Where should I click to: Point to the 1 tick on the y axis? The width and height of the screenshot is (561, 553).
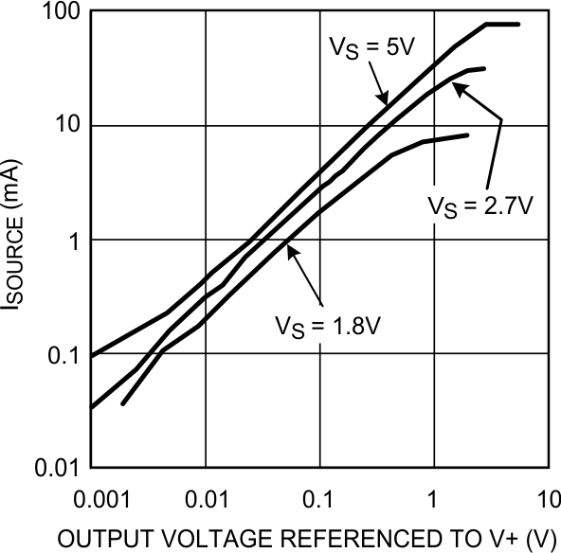coord(75,241)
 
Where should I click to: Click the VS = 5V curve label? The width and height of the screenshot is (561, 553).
coord(368,48)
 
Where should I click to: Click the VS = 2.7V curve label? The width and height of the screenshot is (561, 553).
coord(474,205)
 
